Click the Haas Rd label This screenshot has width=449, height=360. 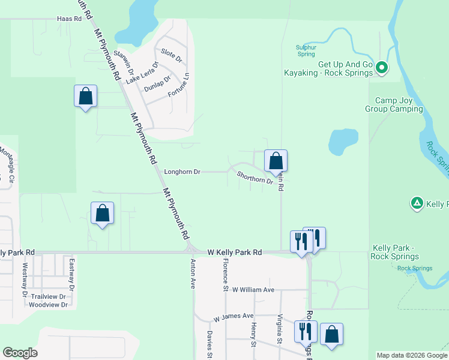pyautogui.click(x=69, y=19)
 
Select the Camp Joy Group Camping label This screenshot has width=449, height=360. pyautogui.click(x=393, y=105)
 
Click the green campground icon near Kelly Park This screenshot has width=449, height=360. pyautogui.click(x=417, y=204)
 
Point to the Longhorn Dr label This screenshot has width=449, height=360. pyautogui.click(x=182, y=172)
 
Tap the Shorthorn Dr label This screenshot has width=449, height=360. pyautogui.click(x=255, y=178)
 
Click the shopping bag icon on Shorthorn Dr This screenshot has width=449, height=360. pyautogui.click(x=276, y=161)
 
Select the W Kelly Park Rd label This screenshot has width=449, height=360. pyautogui.click(x=235, y=253)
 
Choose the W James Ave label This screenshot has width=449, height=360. pyautogui.click(x=234, y=316)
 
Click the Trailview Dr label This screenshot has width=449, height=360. pyautogui.click(x=47, y=296)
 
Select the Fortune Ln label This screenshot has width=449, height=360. pyautogui.click(x=178, y=85)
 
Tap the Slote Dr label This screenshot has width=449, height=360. pyautogui.click(x=171, y=56)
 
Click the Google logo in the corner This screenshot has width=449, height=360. pyautogui.click(x=20, y=353)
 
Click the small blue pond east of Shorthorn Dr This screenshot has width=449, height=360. pyautogui.click(x=343, y=142)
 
